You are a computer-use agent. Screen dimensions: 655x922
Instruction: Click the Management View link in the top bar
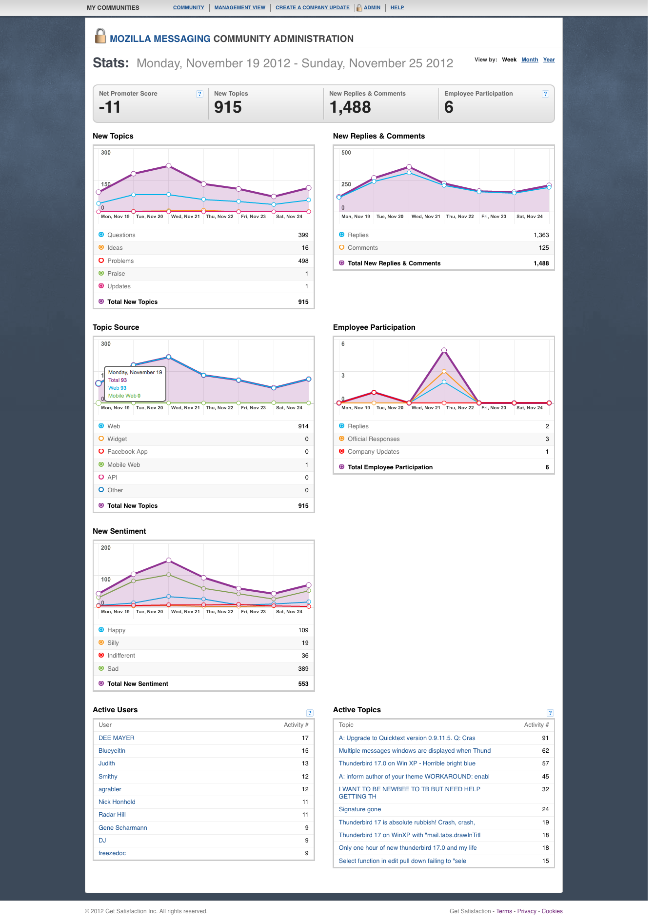click(x=240, y=8)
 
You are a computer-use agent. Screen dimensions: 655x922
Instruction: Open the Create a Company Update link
click(x=313, y=8)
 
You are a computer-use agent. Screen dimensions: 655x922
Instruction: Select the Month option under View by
click(x=530, y=60)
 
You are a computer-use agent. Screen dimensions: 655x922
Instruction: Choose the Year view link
click(x=549, y=60)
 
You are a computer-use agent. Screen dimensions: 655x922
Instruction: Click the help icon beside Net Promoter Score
click(x=199, y=94)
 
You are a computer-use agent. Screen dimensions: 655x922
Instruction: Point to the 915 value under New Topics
click(x=228, y=107)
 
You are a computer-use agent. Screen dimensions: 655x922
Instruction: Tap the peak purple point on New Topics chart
click(x=169, y=166)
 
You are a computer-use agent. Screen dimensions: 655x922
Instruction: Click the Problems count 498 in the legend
click(x=303, y=261)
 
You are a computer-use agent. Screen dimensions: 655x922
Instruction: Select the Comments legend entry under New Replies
click(x=363, y=248)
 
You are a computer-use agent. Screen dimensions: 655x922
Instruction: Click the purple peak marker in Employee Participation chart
click(x=444, y=350)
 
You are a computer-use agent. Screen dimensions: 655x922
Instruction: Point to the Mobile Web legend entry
click(x=124, y=465)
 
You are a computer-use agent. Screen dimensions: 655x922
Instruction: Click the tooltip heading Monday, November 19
click(x=135, y=372)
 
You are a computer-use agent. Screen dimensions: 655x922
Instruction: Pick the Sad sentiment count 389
click(x=303, y=669)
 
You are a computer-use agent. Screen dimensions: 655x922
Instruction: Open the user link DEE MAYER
click(x=117, y=738)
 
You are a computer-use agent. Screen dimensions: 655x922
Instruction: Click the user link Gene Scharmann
click(x=123, y=828)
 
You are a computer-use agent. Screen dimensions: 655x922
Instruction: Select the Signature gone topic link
click(x=360, y=809)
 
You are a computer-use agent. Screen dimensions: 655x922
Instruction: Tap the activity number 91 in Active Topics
click(x=545, y=738)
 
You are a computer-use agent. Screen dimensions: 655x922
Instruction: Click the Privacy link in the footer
click(x=527, y=911)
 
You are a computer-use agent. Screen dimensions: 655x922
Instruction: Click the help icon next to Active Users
click(x=310, y=713)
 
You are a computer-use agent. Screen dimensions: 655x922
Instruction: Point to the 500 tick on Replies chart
click(x=346, y=153)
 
